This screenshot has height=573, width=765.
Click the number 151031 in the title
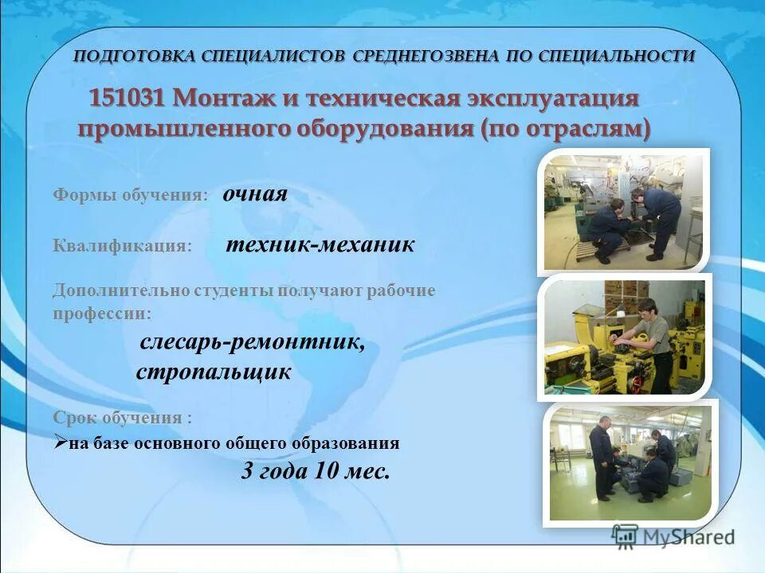click(x=127, y=99)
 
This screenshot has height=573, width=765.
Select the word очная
click(x=255, y=195)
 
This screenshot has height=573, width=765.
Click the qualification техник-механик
click(x=320, y=245)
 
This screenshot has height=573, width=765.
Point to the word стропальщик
click(x=214, y=372)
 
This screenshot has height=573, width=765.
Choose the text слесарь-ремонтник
click(x=253, y=342)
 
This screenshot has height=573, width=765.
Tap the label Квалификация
click(x=123, y=246)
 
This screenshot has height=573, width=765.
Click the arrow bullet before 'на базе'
click(x=61, y=443)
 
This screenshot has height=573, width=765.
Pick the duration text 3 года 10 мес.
click(x=316, y=471)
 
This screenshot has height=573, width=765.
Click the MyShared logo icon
click(x=625, y=536)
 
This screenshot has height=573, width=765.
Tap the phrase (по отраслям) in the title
click(x=566, y=129)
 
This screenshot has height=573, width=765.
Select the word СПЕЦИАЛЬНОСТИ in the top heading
click(x=616, y=56)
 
